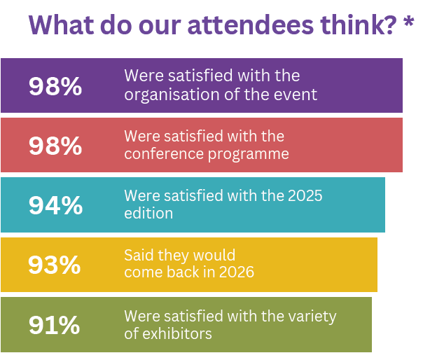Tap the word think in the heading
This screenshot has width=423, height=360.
click(350, 25)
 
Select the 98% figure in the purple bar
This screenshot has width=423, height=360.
click(55, 86)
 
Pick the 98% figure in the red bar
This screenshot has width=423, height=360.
click(55, 146)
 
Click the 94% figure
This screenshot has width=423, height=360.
click(55, 205)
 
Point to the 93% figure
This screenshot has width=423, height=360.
click(55, 265)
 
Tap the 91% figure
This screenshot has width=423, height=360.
click(55, 325)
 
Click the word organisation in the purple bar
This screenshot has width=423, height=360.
click(165, 95)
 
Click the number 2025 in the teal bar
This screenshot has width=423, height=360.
click(304, 195)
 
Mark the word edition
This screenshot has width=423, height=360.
click(148, 214)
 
